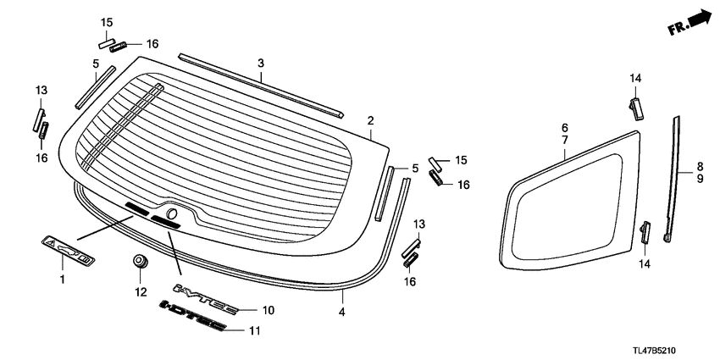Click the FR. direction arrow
[688, 22]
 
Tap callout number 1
[61, 278]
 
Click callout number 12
[141, 292]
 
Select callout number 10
[269, 311]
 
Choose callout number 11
[269, 331]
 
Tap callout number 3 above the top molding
[261, 63]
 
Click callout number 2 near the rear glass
[370, 121]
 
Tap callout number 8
[699, 166]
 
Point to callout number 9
[699, 179]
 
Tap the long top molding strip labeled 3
[263, 85]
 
